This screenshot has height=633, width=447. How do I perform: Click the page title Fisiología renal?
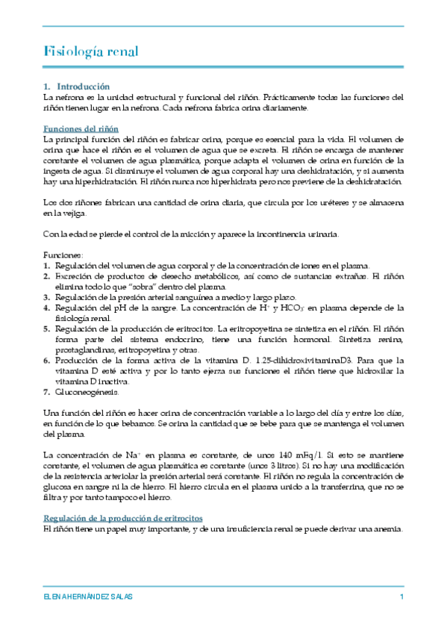click(x=90, y=52)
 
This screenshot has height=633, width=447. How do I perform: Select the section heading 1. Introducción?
click(x=77, y=87)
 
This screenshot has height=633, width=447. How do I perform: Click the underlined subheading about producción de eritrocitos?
click(x=124, y=517)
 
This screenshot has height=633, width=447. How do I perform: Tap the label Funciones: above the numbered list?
click(x=62, y=255)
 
